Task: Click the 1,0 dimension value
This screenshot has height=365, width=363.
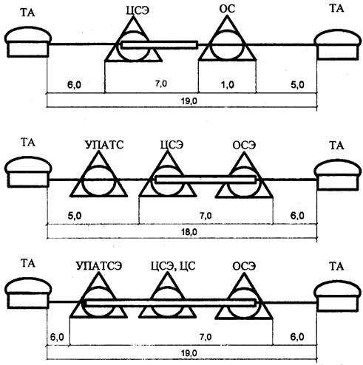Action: pos(228,85)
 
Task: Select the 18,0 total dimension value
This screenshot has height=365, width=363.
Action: pos(189,232)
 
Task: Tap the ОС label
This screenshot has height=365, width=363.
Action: pos(227,9)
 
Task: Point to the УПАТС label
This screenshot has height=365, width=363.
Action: pos(104,145)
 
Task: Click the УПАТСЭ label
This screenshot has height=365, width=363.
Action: pos(99,266)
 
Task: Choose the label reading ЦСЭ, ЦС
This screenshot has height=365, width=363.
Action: pos(173,266)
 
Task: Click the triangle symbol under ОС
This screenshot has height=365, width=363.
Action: pos(227,38)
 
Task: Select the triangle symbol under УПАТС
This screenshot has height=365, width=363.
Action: pos(98,174)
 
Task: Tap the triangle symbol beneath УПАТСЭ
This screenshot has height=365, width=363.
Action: pos(98,296)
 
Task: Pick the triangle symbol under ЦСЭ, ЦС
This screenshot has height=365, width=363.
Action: pos(168,296)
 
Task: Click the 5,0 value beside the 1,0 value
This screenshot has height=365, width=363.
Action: pos(297,85)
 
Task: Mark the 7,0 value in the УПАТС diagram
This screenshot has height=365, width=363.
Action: pos(206,216)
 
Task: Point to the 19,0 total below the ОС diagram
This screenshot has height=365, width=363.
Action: pos(189,101)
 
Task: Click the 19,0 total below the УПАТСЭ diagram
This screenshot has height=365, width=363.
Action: pos(189,353)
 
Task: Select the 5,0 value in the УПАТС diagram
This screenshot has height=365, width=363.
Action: pos(75,216)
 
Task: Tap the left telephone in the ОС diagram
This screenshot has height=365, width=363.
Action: pos(28,42)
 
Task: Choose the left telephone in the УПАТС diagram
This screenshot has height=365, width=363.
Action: pos(28,172)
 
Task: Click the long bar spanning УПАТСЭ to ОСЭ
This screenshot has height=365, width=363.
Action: pos(170,302)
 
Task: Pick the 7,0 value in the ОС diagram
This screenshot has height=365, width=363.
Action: pos(161,84)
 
